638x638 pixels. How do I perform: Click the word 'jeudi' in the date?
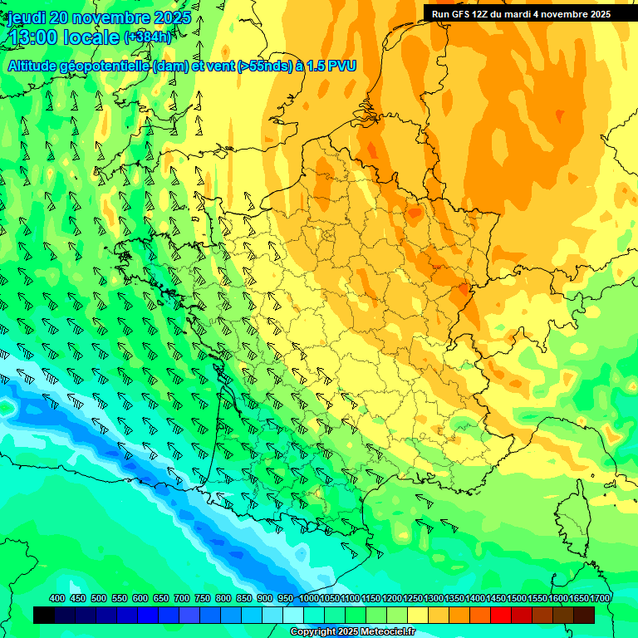[27, 17]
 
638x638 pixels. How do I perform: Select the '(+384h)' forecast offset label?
[148, 37]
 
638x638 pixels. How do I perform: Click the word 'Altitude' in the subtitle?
[36, 66]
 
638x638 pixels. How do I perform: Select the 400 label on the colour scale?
[57, 598]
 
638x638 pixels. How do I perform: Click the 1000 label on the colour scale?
[309, 598]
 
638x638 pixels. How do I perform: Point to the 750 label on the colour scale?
[203, 598]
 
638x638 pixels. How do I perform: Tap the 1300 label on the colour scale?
[434, 598]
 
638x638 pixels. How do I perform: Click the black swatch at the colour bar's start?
[44, 615]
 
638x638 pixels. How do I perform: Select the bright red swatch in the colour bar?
[501, 615]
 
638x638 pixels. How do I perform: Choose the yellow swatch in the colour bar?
[418, 615]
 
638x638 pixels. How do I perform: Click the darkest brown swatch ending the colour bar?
[584, 615]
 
